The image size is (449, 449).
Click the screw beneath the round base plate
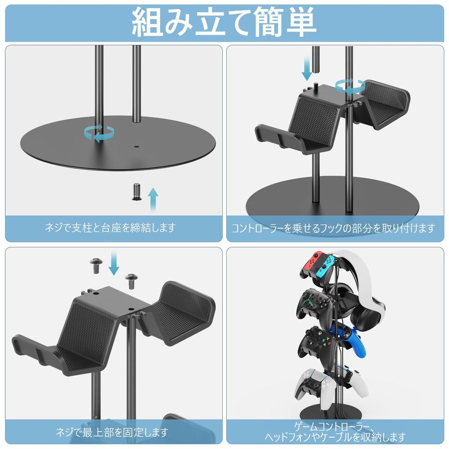click(x=136, y=192)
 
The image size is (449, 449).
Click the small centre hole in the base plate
click(x=136, y=147)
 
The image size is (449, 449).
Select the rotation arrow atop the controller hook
click(x=349, y=86)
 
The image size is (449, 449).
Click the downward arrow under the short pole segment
click(x=307, y=71)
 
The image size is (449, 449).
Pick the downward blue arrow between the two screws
click(x=114, y=263)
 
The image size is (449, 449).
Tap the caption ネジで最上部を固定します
click(x=112, y=432)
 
